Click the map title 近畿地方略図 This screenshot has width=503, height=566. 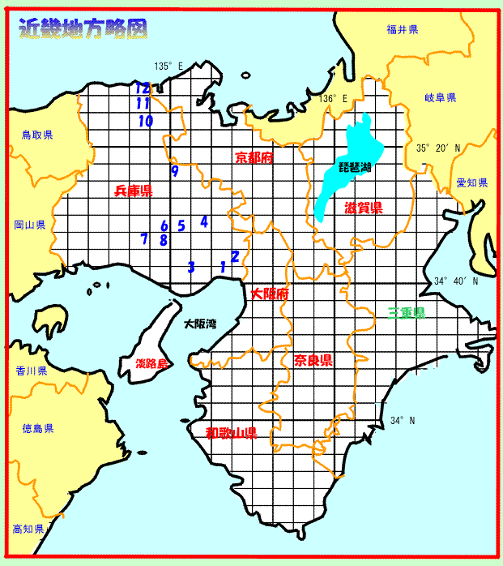(83, 29)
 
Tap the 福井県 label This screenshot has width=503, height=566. (402, 29)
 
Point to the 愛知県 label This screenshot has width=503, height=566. (471, 183)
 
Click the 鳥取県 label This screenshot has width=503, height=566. (37, 135)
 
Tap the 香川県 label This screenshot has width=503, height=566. (31, 370)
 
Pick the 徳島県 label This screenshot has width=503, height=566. (37, 428)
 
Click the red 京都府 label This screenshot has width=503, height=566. (254, 157)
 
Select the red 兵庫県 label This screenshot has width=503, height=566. (134, 191)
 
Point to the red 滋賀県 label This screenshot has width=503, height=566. (363, 208)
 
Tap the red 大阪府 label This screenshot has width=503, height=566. (270, 294)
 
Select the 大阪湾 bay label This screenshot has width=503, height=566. (199, 324)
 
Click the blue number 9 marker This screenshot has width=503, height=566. (174, 171)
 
